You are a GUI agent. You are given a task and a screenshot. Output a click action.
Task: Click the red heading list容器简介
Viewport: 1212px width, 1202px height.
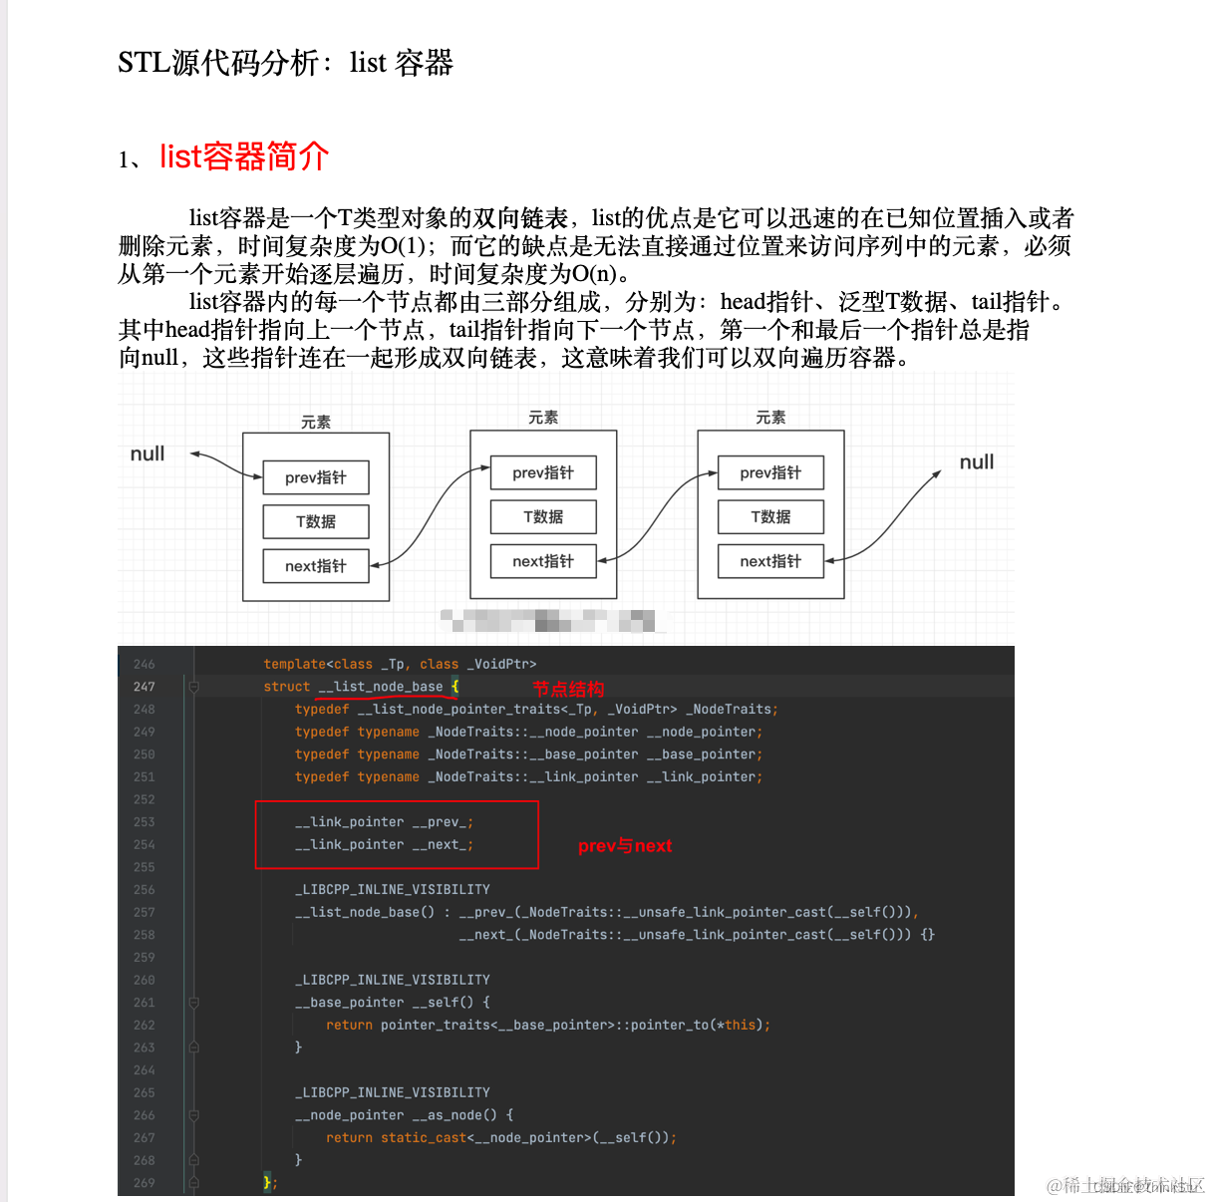[x=244, y=156]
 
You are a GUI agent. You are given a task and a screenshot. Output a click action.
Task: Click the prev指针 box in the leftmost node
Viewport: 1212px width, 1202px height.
[x=316, y=477]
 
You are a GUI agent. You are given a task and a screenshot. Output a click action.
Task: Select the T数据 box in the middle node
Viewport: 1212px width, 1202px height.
[x=543, y=516]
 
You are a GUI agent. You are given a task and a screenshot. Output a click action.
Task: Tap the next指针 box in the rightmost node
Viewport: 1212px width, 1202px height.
[x=770, y=561]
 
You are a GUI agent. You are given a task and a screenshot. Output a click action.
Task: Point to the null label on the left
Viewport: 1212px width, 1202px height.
[x=148, y=454]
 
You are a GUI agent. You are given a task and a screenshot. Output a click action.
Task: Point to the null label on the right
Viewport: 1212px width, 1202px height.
[x=976, y=462]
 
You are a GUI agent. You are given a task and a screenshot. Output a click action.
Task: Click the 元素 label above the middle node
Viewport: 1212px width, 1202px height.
[x=543, y=418]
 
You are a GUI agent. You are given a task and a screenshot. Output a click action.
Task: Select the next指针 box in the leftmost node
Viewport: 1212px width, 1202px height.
[x=316, y=566]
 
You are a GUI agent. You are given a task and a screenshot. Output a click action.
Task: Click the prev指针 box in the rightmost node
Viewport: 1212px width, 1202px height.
[x=770, y=472]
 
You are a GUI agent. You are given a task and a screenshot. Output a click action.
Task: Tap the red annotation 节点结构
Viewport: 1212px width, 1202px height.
[x=568, y=689]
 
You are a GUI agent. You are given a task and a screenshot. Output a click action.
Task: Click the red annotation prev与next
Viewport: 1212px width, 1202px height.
[x=625, y=846]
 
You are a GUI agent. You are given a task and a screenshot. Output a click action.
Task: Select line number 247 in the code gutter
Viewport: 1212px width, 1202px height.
[x=145, y=687]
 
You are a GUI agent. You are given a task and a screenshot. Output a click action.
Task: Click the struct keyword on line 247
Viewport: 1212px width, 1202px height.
[x=287, y=687]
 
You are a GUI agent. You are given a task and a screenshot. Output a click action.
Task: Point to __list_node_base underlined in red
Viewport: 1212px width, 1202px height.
[x=381, y=687]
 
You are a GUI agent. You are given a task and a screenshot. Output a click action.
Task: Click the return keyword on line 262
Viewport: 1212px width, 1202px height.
[x=349, y=1025]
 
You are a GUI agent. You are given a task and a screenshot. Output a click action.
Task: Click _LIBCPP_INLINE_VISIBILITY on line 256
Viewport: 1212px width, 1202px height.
[x=393, y=890]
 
